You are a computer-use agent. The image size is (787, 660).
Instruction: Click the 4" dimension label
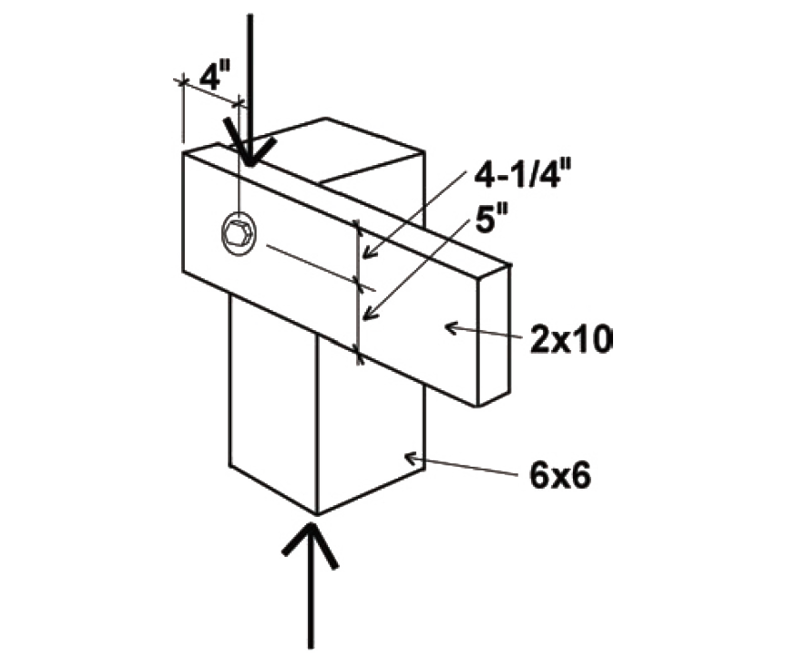click(x=210, y=76)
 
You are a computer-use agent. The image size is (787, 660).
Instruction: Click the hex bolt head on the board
click(x=239, y=238)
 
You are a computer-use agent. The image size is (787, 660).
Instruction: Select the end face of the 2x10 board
click(x=493, y=334)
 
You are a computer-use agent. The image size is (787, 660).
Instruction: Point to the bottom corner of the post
click(x=316, y=513)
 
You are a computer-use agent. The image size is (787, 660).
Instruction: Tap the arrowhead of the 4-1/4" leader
click(x=364, y=257)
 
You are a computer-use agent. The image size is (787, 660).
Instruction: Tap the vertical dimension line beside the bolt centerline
click(x=358, y=292)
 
